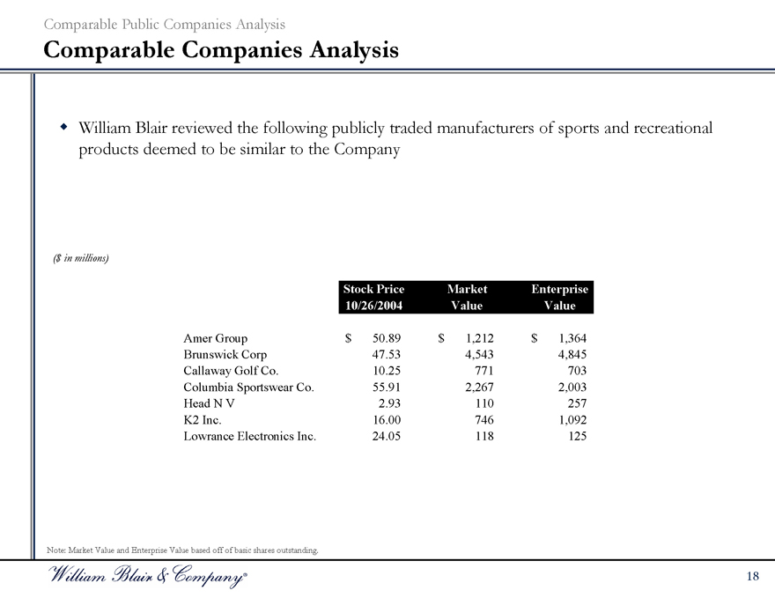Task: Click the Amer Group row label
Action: click(215, 337)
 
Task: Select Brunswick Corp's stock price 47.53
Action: click(387, 354)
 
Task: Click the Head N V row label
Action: click(209, 402)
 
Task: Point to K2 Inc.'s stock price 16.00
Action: click(387, 419)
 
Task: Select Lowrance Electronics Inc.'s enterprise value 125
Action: click(577, 435)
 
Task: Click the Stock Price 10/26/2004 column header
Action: click(373, 297)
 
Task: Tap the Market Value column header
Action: click(467, 297)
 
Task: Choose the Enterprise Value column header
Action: click(560, 297)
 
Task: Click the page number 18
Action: click(751, 576)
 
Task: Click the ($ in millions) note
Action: click(80, 258)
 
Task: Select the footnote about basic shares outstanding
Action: click(181, 550)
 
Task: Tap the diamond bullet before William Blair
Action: click(63, 129)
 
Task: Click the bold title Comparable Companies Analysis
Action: click(221, 51)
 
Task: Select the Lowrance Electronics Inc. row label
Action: click(249, 435)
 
